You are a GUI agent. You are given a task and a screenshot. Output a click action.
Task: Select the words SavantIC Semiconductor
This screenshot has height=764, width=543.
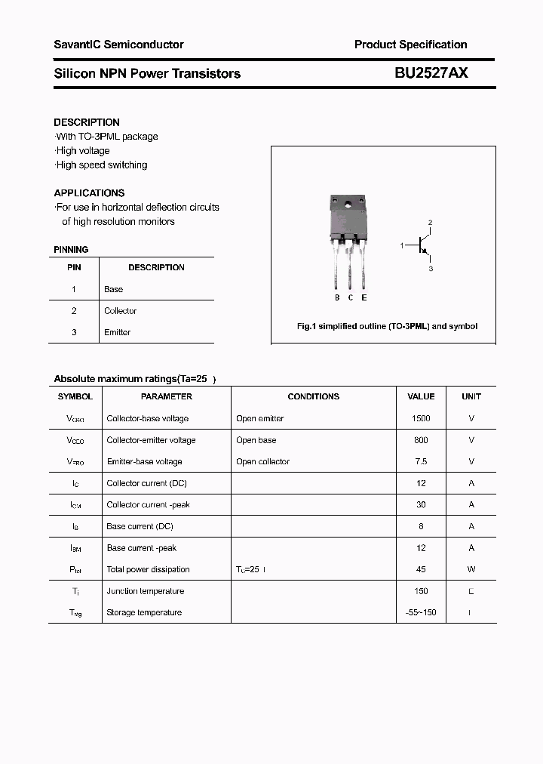pos(118,45)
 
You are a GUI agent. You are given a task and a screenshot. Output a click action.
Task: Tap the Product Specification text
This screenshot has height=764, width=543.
pos(410,45)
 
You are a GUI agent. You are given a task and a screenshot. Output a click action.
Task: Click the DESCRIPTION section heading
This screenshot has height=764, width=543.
pos(87,122)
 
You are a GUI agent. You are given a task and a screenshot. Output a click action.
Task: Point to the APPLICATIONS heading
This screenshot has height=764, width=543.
pos(89,193)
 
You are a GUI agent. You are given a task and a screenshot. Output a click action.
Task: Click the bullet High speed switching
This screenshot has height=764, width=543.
pos(102,165)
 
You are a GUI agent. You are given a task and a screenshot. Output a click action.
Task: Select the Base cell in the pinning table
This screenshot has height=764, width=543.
pos(114,289)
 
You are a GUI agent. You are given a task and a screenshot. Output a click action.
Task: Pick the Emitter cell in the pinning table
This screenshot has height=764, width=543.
pos(118,332)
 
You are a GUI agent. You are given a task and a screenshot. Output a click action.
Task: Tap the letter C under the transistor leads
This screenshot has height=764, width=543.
pos(351,297)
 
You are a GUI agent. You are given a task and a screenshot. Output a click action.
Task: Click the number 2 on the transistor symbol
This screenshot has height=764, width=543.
pos(430,223)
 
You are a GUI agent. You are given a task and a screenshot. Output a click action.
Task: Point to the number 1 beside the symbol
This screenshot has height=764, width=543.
pos(402,245)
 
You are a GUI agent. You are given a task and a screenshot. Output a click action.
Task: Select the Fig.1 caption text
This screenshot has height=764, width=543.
pos(387,327)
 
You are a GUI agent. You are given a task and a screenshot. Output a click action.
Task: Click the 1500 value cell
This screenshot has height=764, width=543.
pos(421,418)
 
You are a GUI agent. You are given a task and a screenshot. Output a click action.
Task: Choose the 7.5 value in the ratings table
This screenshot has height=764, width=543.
pos(421,461)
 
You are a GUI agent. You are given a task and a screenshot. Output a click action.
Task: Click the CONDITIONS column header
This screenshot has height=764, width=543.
pos(314,396)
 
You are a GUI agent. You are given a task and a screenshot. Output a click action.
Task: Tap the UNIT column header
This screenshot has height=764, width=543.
pos(471,396)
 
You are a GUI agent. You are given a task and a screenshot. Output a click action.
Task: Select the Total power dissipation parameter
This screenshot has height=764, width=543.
pos(149,569)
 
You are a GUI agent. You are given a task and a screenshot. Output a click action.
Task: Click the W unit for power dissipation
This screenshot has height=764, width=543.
pos(471,569)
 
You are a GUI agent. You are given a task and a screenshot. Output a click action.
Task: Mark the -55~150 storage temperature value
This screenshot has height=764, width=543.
pos(421,612)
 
